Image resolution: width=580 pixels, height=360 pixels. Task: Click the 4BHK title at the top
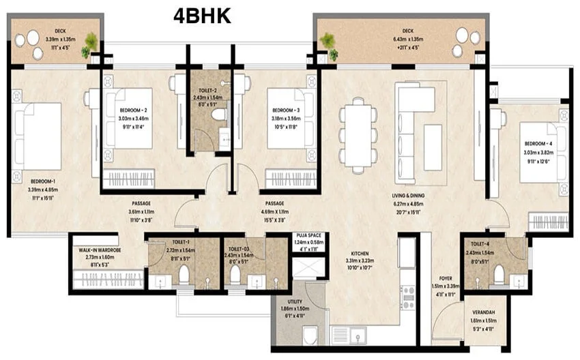[202, 16]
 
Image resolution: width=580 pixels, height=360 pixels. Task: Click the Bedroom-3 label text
[286, 110]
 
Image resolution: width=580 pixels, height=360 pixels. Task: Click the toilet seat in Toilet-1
[183, 274]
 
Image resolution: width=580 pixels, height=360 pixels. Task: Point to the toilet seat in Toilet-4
[499, 274]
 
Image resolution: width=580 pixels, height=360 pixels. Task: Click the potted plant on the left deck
[90, 43]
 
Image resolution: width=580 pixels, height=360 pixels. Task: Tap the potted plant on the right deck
[329, 43]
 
